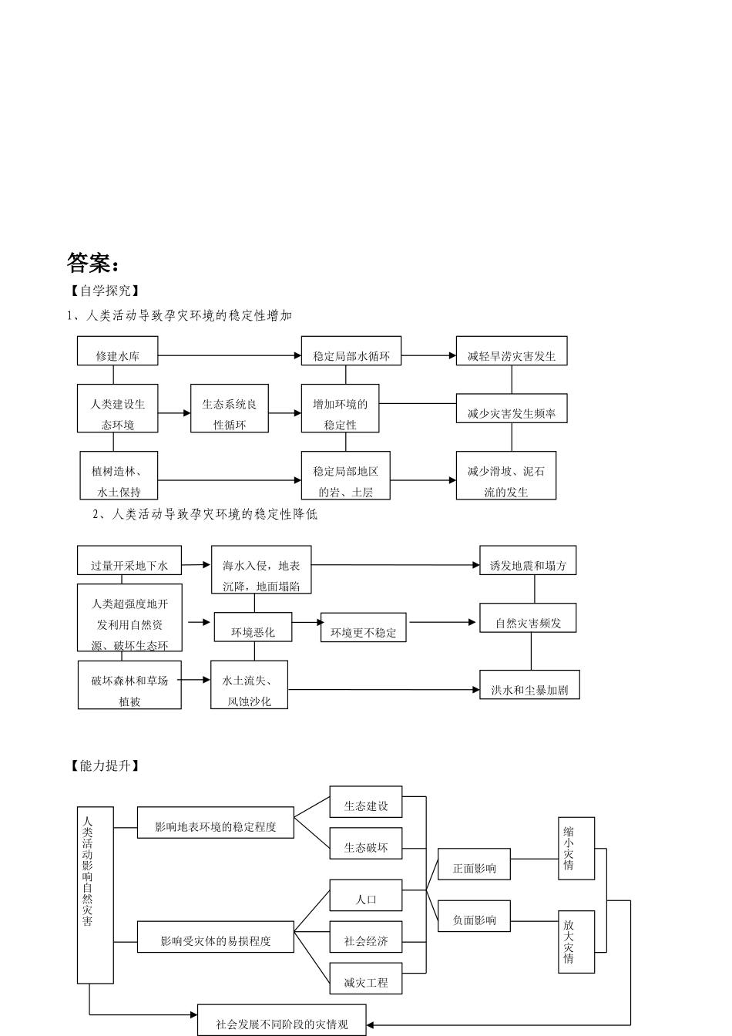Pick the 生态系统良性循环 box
click(230, 413)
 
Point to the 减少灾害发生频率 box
click(512, 413)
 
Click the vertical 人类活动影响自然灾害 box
click(95, 895)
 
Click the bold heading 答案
click(93, 264)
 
